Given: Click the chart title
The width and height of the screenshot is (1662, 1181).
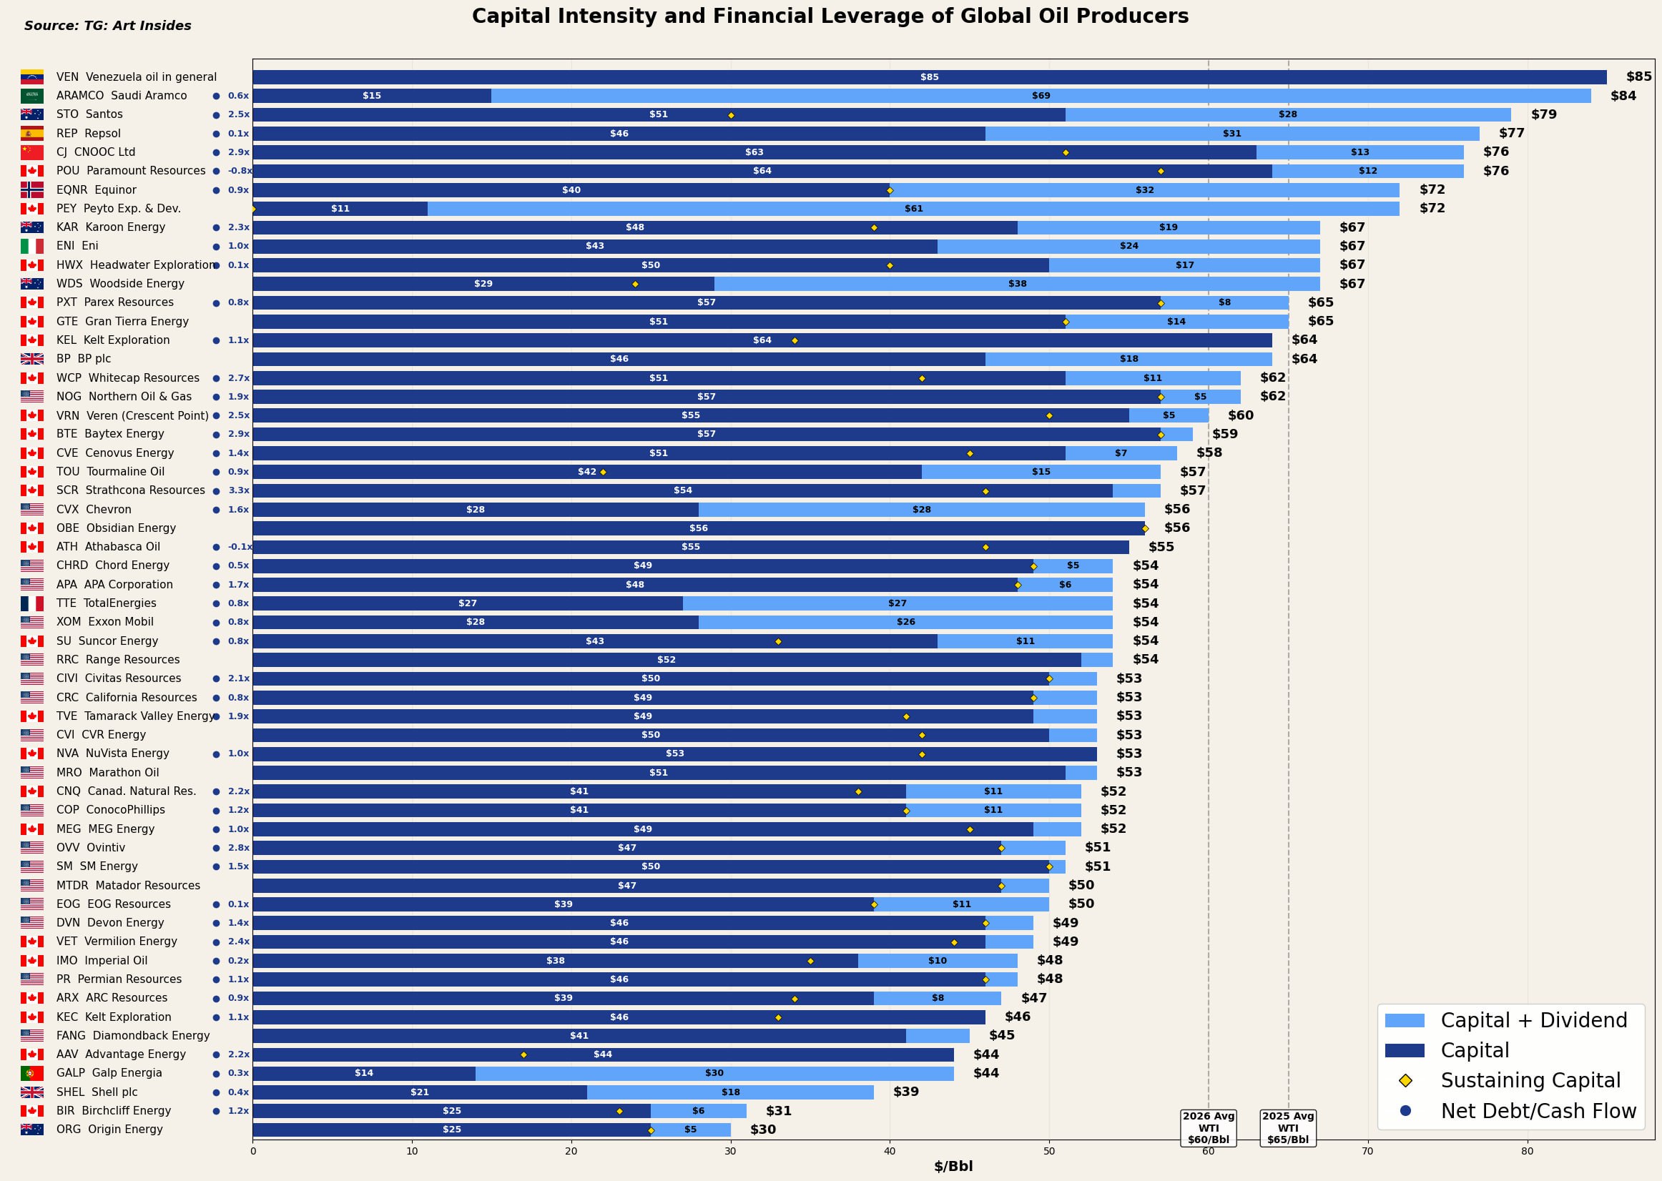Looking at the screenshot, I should click(x=830, y=16).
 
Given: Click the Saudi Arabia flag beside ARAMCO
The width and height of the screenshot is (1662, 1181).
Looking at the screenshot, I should click(x=32, y=96).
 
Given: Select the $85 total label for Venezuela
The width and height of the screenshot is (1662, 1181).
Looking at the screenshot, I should click(x=1638, y=77).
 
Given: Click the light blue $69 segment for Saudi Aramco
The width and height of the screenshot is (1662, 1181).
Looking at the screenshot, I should click(x=1040, y=96).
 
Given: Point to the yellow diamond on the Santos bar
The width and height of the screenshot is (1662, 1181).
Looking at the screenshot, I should click(x=731, y=115).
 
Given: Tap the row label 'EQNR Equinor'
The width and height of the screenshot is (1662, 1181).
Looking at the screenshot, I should click(x=96, y=190).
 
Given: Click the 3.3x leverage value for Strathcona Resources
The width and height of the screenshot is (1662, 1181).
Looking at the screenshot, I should click(x=239, y=491).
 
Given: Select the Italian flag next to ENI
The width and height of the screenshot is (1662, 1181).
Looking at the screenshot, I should click(x=32, y=247).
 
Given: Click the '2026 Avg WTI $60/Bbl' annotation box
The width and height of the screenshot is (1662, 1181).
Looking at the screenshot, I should click(x=1208, y=1128).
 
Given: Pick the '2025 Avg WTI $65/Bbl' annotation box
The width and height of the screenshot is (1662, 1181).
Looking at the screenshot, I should click(x=1287, y=1128).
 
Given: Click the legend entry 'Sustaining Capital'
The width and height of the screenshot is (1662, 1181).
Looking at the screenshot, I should click(x=1530, y=1081).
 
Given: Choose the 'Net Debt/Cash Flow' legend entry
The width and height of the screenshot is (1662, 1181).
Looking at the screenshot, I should click(x=1538, y=1111).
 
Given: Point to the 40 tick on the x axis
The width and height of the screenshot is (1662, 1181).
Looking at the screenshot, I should click(x=890, y=1151).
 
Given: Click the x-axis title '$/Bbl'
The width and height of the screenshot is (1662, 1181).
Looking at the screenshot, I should click(x=953, y=1167).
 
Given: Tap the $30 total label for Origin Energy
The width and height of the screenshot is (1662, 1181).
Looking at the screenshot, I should click(x=763, y=1130).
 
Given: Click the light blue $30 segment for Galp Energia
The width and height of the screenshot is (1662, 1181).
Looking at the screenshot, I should click(x=714, y=1073).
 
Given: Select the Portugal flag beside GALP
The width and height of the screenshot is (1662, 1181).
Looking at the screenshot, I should click(x=32, y=1073).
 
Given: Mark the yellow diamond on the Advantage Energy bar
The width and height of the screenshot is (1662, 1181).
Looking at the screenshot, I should click(x=523, y=1054).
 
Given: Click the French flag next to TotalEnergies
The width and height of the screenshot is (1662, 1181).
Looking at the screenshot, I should click(x=32, y=603).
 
